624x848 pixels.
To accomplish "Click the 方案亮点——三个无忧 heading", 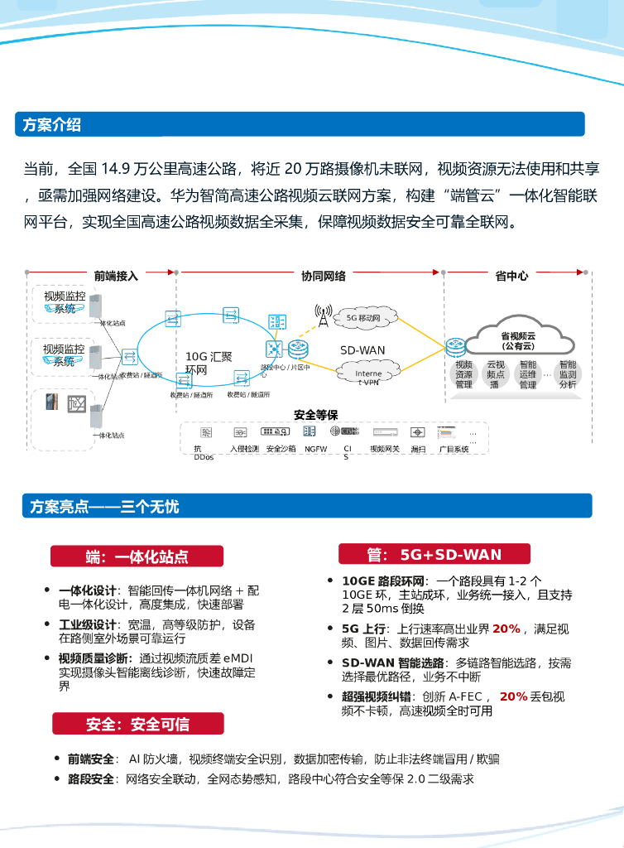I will (x=104, y=506).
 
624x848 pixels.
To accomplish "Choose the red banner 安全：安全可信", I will (x=137, y=724).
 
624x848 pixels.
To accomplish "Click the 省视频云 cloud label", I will (x=518, y=340).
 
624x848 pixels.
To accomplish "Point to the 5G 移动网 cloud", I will (x=362, y=317).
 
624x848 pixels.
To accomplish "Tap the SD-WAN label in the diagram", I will (x=362, y=350).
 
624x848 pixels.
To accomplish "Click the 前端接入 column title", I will (x=116, y=276).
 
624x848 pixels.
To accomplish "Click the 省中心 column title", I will (x=511, y=276).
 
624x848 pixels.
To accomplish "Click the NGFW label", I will (x=315, y=449).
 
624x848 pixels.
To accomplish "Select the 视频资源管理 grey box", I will (x=463, y=374).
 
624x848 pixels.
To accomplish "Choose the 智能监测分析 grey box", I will (x=568, y=374).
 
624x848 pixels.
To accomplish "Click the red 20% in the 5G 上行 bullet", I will (x=506, y=629).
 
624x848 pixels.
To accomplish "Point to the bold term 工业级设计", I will (x=87, y=624).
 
